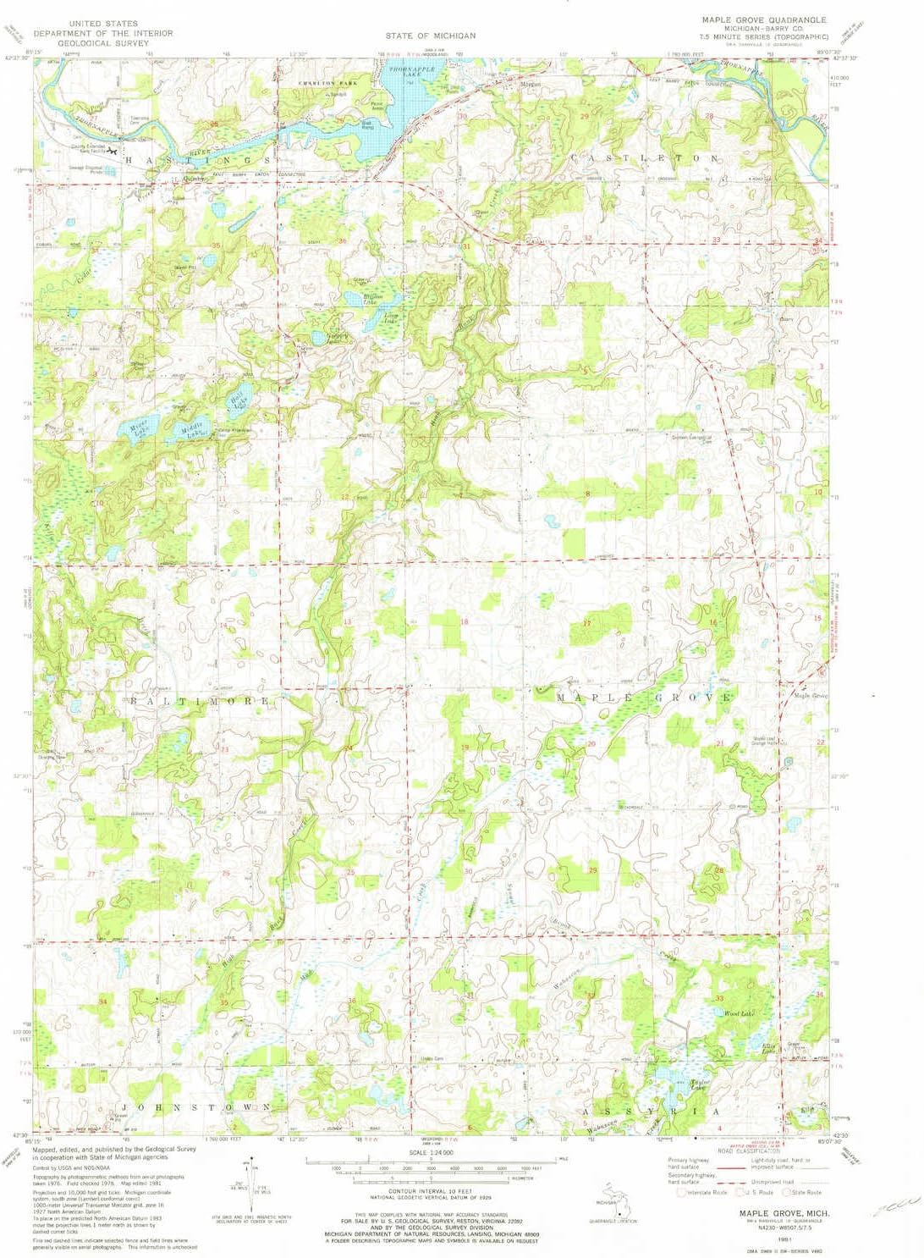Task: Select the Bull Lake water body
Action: click(239, 399)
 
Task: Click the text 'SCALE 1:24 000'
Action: click(431, 1153)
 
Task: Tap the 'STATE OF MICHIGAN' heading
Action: click(431, 36)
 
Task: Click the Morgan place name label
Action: click(531, 86)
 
